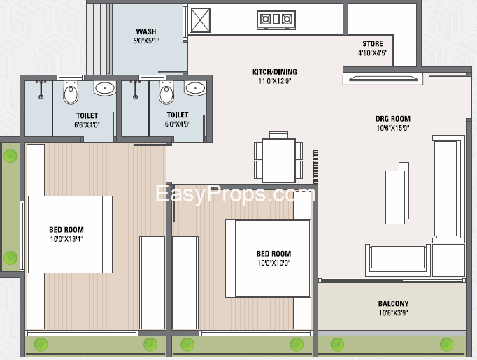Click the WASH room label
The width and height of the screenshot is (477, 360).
pyautogui.click(x=146, y=31)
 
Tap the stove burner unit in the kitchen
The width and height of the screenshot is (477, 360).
pyautogui.click(x=276, y=20)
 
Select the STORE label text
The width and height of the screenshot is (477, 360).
pyautogui.click(x=373, y=44)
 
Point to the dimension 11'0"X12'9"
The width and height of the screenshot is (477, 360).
pyautogui.click(x=275, y=81)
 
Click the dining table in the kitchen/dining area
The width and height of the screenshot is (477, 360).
pyautogui.click(x=278, y=160)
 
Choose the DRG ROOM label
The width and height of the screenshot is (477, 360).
pyautogui.click(x=393, y=119)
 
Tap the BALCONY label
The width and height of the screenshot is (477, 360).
pyautogui.click(x=393, y=303)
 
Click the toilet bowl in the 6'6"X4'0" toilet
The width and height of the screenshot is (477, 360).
pyautogui.click(x=71, y=92)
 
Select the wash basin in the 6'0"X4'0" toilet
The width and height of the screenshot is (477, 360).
pyautogui.click(x=195, y=88)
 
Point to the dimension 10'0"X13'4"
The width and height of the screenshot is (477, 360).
pyautogui.click(x=66, y=239)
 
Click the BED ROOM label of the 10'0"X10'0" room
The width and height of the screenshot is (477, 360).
pyautogui.click(x=273, y=254)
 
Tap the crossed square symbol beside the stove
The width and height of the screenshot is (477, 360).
pyautogui.click(x=200, y=20)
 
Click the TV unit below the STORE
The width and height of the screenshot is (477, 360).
pyautogui.click(x=383, y=79)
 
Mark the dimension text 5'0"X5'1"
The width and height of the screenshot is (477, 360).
pyautogui.click(x=146, y=41)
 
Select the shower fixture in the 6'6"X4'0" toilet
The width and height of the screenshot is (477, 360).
pyautogui.click(x=41, y=89)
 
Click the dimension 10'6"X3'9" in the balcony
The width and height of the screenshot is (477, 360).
pyautogui.click(x=393, y=312)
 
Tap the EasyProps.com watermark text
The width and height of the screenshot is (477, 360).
pyautogui.click(x=236, y=194)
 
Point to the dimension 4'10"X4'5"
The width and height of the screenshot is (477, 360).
pyautogui.click(x=372, y=53)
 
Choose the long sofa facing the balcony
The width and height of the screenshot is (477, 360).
pyautogui.click(x=397, y=259)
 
